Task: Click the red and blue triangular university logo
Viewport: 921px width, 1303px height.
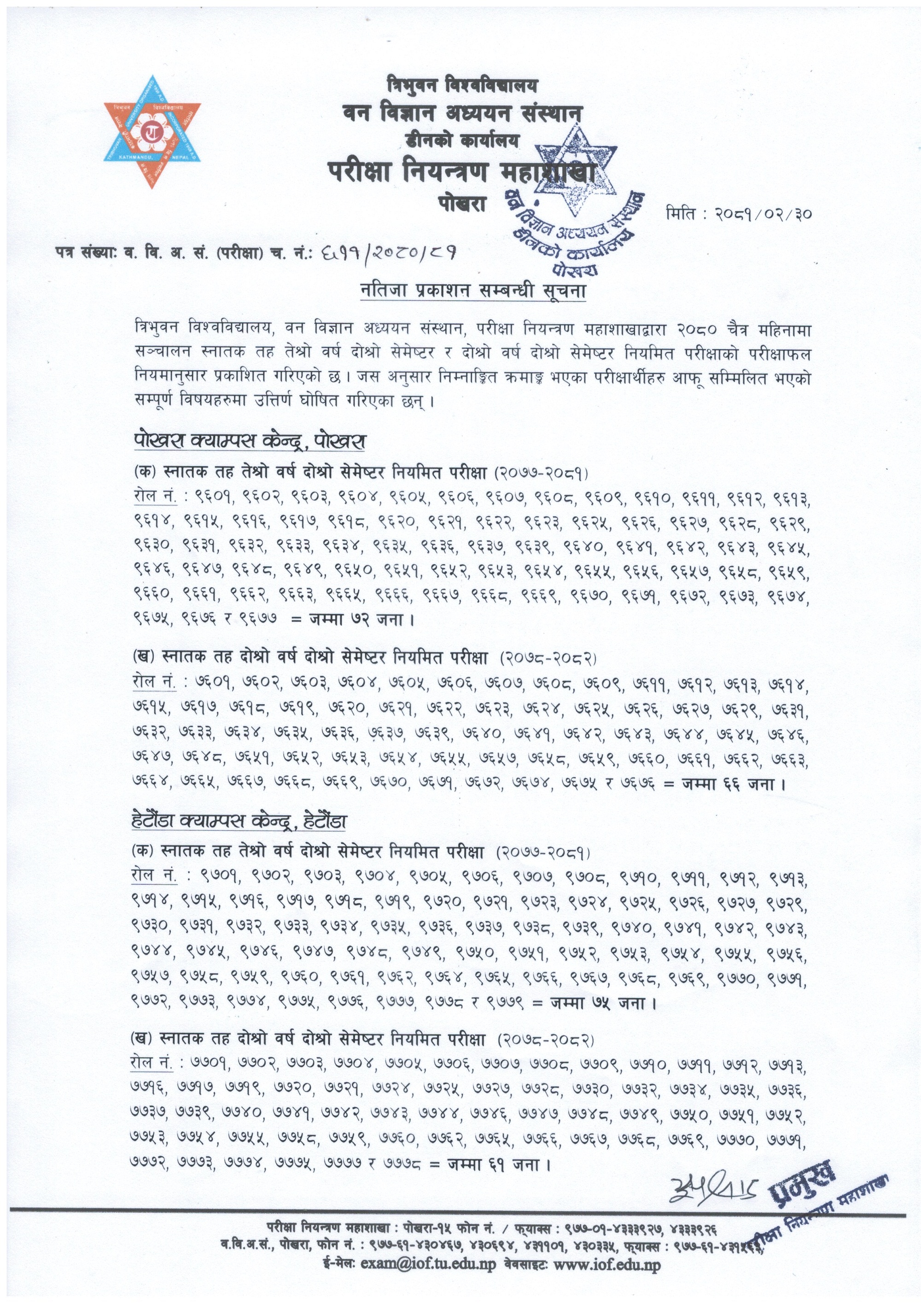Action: click(x=152, y=132)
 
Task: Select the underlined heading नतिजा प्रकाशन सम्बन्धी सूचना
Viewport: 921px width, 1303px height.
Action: click(x=472, y=291)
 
